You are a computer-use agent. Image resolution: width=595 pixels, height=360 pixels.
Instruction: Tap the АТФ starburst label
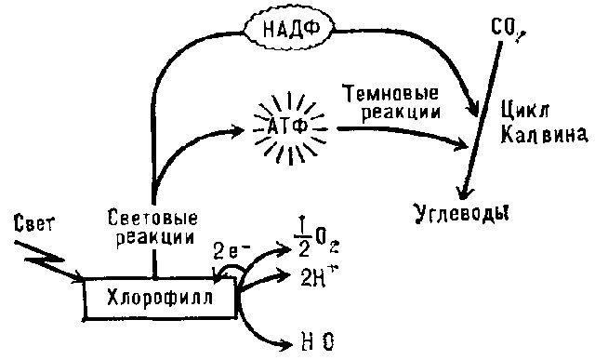(x=286, y=124)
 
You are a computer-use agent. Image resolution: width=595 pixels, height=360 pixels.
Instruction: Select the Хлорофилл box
(x=160, y=299)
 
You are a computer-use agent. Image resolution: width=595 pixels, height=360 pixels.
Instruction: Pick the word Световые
(x=151, y=220)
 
